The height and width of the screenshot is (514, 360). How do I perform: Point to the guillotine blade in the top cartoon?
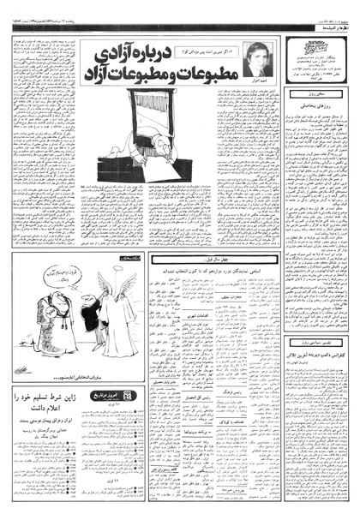point(172,97)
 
